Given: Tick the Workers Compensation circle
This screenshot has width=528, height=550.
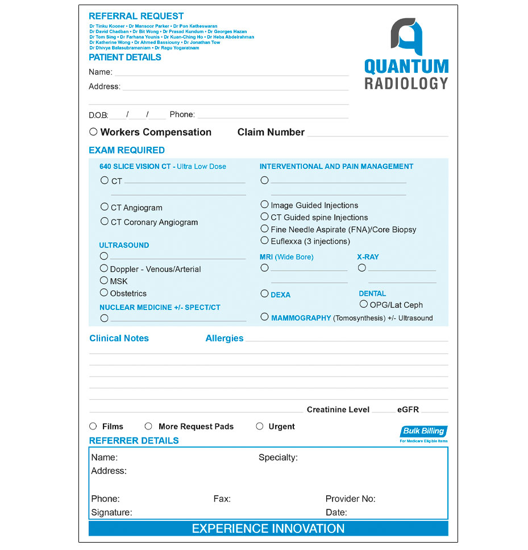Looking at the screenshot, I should (x=93, y=132).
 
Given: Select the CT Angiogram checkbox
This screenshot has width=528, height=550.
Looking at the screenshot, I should (x=105, y=207).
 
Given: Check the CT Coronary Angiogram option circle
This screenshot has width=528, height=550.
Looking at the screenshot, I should (x=105, y=221).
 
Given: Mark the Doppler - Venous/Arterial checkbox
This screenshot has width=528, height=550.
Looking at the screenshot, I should (x=104, y=268).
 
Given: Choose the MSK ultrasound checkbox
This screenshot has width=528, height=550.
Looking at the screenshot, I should (x=104, y=280).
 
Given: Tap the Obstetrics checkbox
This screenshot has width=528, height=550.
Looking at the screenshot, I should (x=104, y=293).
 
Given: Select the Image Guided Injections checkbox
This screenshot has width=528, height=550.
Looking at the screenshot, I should (x=264, y=204).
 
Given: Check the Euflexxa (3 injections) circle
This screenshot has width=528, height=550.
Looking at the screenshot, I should (x=264, y=241).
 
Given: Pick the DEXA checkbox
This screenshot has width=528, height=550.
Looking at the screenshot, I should (x=264, y=293).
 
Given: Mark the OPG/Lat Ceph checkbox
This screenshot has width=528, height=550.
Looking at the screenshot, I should (x=364, y=304).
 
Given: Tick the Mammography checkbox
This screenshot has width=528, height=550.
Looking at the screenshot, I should (x=264, y=317).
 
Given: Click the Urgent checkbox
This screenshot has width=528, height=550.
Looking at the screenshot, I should (x=260, y=426).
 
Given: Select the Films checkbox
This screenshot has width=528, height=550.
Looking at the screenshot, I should (x=93, y=426).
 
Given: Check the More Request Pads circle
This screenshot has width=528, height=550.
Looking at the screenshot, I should (x=148, y=426).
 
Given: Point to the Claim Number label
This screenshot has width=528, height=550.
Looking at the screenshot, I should (x=271, y=133).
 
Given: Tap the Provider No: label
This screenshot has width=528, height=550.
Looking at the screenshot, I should (x=350, y=499).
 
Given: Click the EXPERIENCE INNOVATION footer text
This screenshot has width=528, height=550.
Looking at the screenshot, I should (x=268, y=528).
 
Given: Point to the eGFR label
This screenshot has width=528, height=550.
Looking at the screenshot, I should (x=408, y=410).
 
